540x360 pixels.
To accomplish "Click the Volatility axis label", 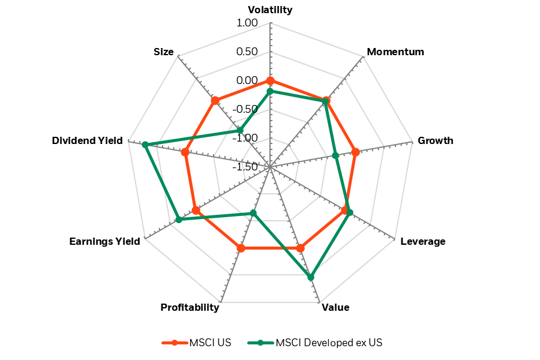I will pyautogui.click(x=270, y=10).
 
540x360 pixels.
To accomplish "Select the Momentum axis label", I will pyautogui.click(x=395, y=52).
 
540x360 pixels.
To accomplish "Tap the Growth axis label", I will pyautogui.click(x=435, y=141).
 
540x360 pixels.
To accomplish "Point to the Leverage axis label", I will pyautogui.click(x=422, y=242).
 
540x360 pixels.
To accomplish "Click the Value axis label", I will pyautogui.click(x=335, y=308).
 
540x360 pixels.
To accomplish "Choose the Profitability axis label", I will pyautogui.click(x=190, y=308).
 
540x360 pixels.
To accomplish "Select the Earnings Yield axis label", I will pyautogui.click(x=104, y=242).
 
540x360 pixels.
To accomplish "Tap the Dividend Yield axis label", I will pyautogui.click(x=87, y=141).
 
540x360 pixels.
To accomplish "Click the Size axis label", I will pyautogui.click(x=163, y=52).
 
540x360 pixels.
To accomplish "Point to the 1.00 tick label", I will pyautogui.click(x=247, y=23).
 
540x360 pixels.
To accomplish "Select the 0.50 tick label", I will pyautogui.click(x=247, y=52).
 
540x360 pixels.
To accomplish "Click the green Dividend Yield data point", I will pyautogui.click(x=145, y=145).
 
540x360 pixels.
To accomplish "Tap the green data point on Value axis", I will pyautogui.click(x=310, y=277).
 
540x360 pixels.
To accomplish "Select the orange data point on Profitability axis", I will pyautogui.click(x=241, y=248).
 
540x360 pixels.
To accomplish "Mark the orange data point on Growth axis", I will pyautogui.click(x=355, y=152).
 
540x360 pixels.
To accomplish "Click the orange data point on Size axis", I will pyautogui.click(x=215, y=100).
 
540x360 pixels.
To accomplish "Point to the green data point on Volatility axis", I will pyautogui.click(x=270, y=91).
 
